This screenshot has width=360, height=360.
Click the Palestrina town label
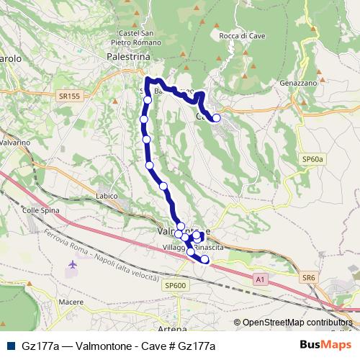point(127,55)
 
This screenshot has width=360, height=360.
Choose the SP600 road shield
point(175,285)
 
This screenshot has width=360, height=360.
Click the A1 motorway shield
point(260,277)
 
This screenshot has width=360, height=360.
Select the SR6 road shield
point(309,277)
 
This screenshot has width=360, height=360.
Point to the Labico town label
point(106,195)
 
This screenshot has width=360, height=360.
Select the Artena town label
point(171,328)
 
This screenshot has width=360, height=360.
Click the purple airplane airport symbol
point(72,266)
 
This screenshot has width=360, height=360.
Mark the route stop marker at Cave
point(216,118)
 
